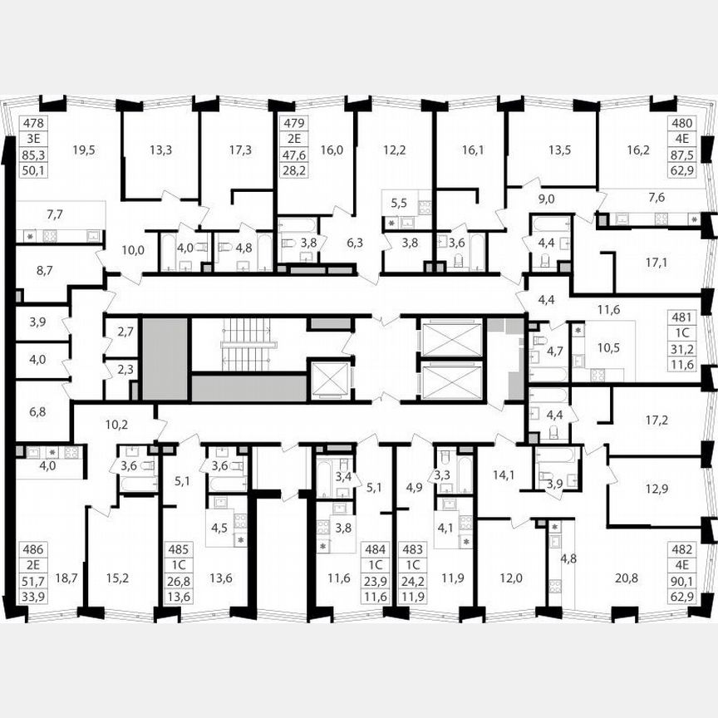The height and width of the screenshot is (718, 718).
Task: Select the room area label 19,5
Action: [x=84, y=150]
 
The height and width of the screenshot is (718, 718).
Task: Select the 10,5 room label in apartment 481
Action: [x=610, y=347]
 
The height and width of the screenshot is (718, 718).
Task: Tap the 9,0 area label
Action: [x=546, y=198]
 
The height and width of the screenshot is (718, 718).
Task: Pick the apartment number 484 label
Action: [x=372, y=548]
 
